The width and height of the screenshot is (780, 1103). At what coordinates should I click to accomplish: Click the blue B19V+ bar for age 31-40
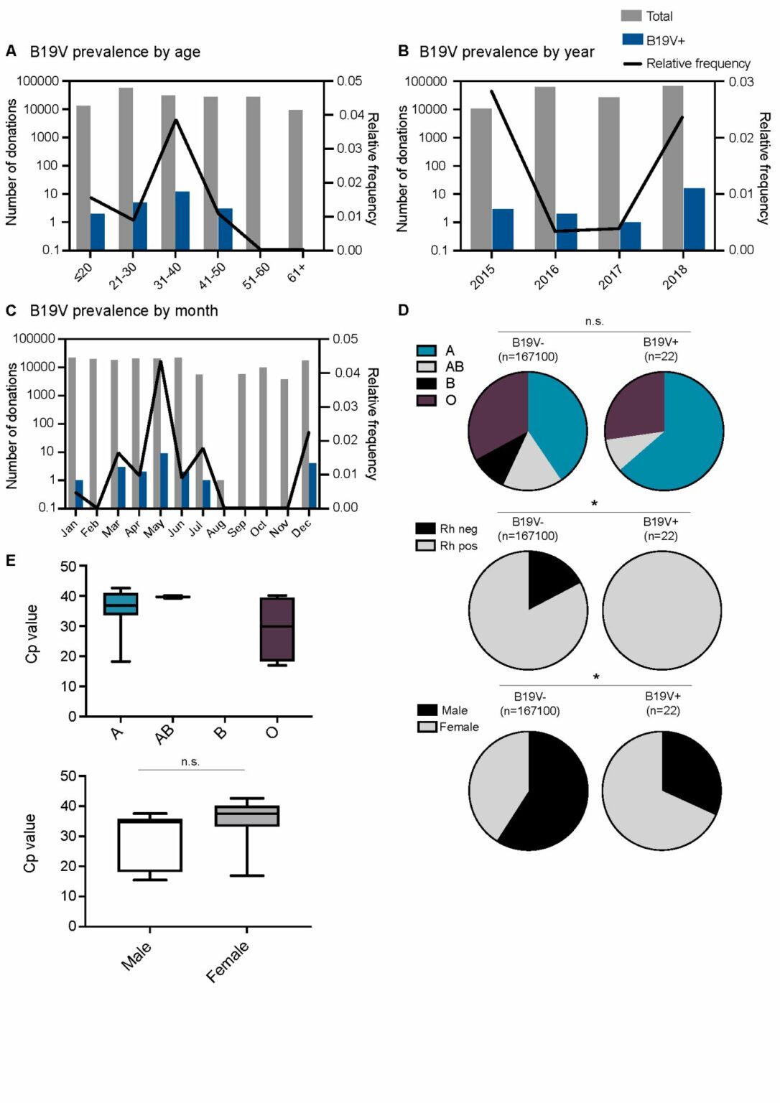coord(182,220)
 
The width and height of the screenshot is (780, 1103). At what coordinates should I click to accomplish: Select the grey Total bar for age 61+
coord(295,180)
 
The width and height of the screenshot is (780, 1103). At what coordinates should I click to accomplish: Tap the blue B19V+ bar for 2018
coord(694,219)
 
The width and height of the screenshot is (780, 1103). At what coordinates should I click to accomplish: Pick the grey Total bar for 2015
coord(481,180)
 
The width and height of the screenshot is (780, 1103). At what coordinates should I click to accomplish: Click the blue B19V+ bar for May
coord(164,480)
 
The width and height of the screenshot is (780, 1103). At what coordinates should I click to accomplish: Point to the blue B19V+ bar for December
coord(312,485)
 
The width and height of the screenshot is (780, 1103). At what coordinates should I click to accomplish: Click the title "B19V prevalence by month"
coord(124,311)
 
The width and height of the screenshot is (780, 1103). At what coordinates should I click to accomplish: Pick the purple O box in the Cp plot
coord(277,629)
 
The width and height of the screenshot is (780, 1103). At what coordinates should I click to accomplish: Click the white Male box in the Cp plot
coord(149,845)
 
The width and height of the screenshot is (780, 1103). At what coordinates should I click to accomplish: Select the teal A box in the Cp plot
coord(121,604)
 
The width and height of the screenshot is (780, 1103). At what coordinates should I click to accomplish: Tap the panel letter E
coord(10,560)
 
